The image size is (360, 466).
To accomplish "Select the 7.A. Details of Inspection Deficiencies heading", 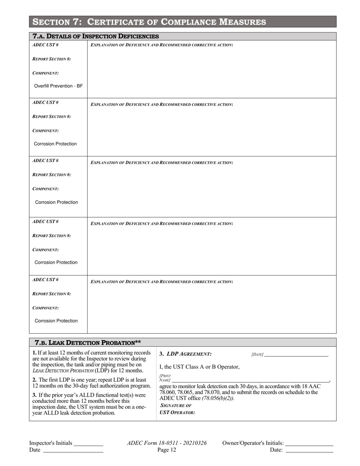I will coord(96,36).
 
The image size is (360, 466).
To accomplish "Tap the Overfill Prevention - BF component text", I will coord(58,86).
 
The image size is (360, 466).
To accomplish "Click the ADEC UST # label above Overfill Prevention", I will coord(45,45).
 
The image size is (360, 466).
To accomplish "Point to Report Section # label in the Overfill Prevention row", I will coord(52,59).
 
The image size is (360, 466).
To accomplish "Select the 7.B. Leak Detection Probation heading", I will coord(88,342).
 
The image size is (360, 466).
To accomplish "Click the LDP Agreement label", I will coord(185,354).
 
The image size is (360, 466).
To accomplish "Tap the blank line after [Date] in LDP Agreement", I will coord(296,355).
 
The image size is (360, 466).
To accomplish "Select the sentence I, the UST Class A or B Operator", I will coord(200,367).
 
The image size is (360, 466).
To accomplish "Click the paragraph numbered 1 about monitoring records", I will coord(91,361).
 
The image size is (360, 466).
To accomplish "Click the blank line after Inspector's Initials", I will coord(88,444).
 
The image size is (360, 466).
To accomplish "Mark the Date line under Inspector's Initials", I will coord(73,450).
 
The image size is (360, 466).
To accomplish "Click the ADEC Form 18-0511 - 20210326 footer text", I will coord(167,443).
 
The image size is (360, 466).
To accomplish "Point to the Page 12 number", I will coord(167,450).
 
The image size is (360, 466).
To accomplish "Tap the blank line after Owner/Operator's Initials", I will coord(309,444).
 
